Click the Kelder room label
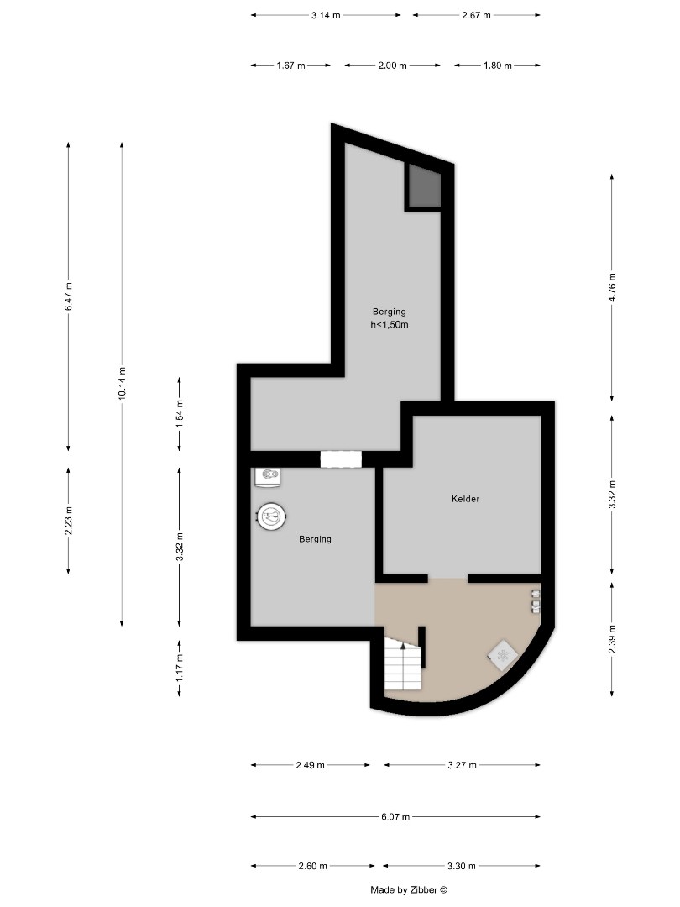[465, 499]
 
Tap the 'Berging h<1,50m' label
[389, 318]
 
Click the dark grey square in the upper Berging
[424, 186]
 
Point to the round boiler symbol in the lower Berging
[271, 516]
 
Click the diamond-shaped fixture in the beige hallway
[502, 655]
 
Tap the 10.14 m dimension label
[123, 383]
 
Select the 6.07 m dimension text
[395, 816]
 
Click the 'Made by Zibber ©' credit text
[410, 889]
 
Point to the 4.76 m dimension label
[613, 287]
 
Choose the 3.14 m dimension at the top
[326, 15]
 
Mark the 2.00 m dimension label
[392, 66]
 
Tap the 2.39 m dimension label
[613, 637]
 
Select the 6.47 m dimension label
[69, 296]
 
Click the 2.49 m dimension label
[311, 765]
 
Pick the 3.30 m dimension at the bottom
[462, 866]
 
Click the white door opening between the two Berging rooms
[341, 459]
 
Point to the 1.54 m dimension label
[180, 415]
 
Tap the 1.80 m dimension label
[497, 66]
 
